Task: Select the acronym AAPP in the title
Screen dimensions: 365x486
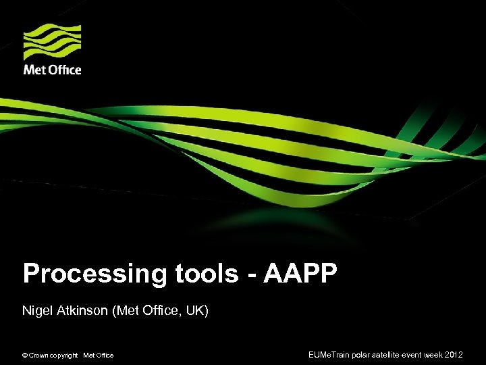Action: click(300, 274)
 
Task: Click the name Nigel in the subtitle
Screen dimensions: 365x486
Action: click(36, 311)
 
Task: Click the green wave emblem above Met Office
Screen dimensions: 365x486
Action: click(52, 42)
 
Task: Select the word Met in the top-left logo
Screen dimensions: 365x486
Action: click(35, 70)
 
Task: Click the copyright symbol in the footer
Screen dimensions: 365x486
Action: click(25, 356)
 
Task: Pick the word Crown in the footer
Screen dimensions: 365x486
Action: click(38, 356)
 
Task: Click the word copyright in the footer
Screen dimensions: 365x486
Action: click(64, 356)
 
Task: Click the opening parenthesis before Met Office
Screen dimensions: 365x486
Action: click(117, 311)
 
